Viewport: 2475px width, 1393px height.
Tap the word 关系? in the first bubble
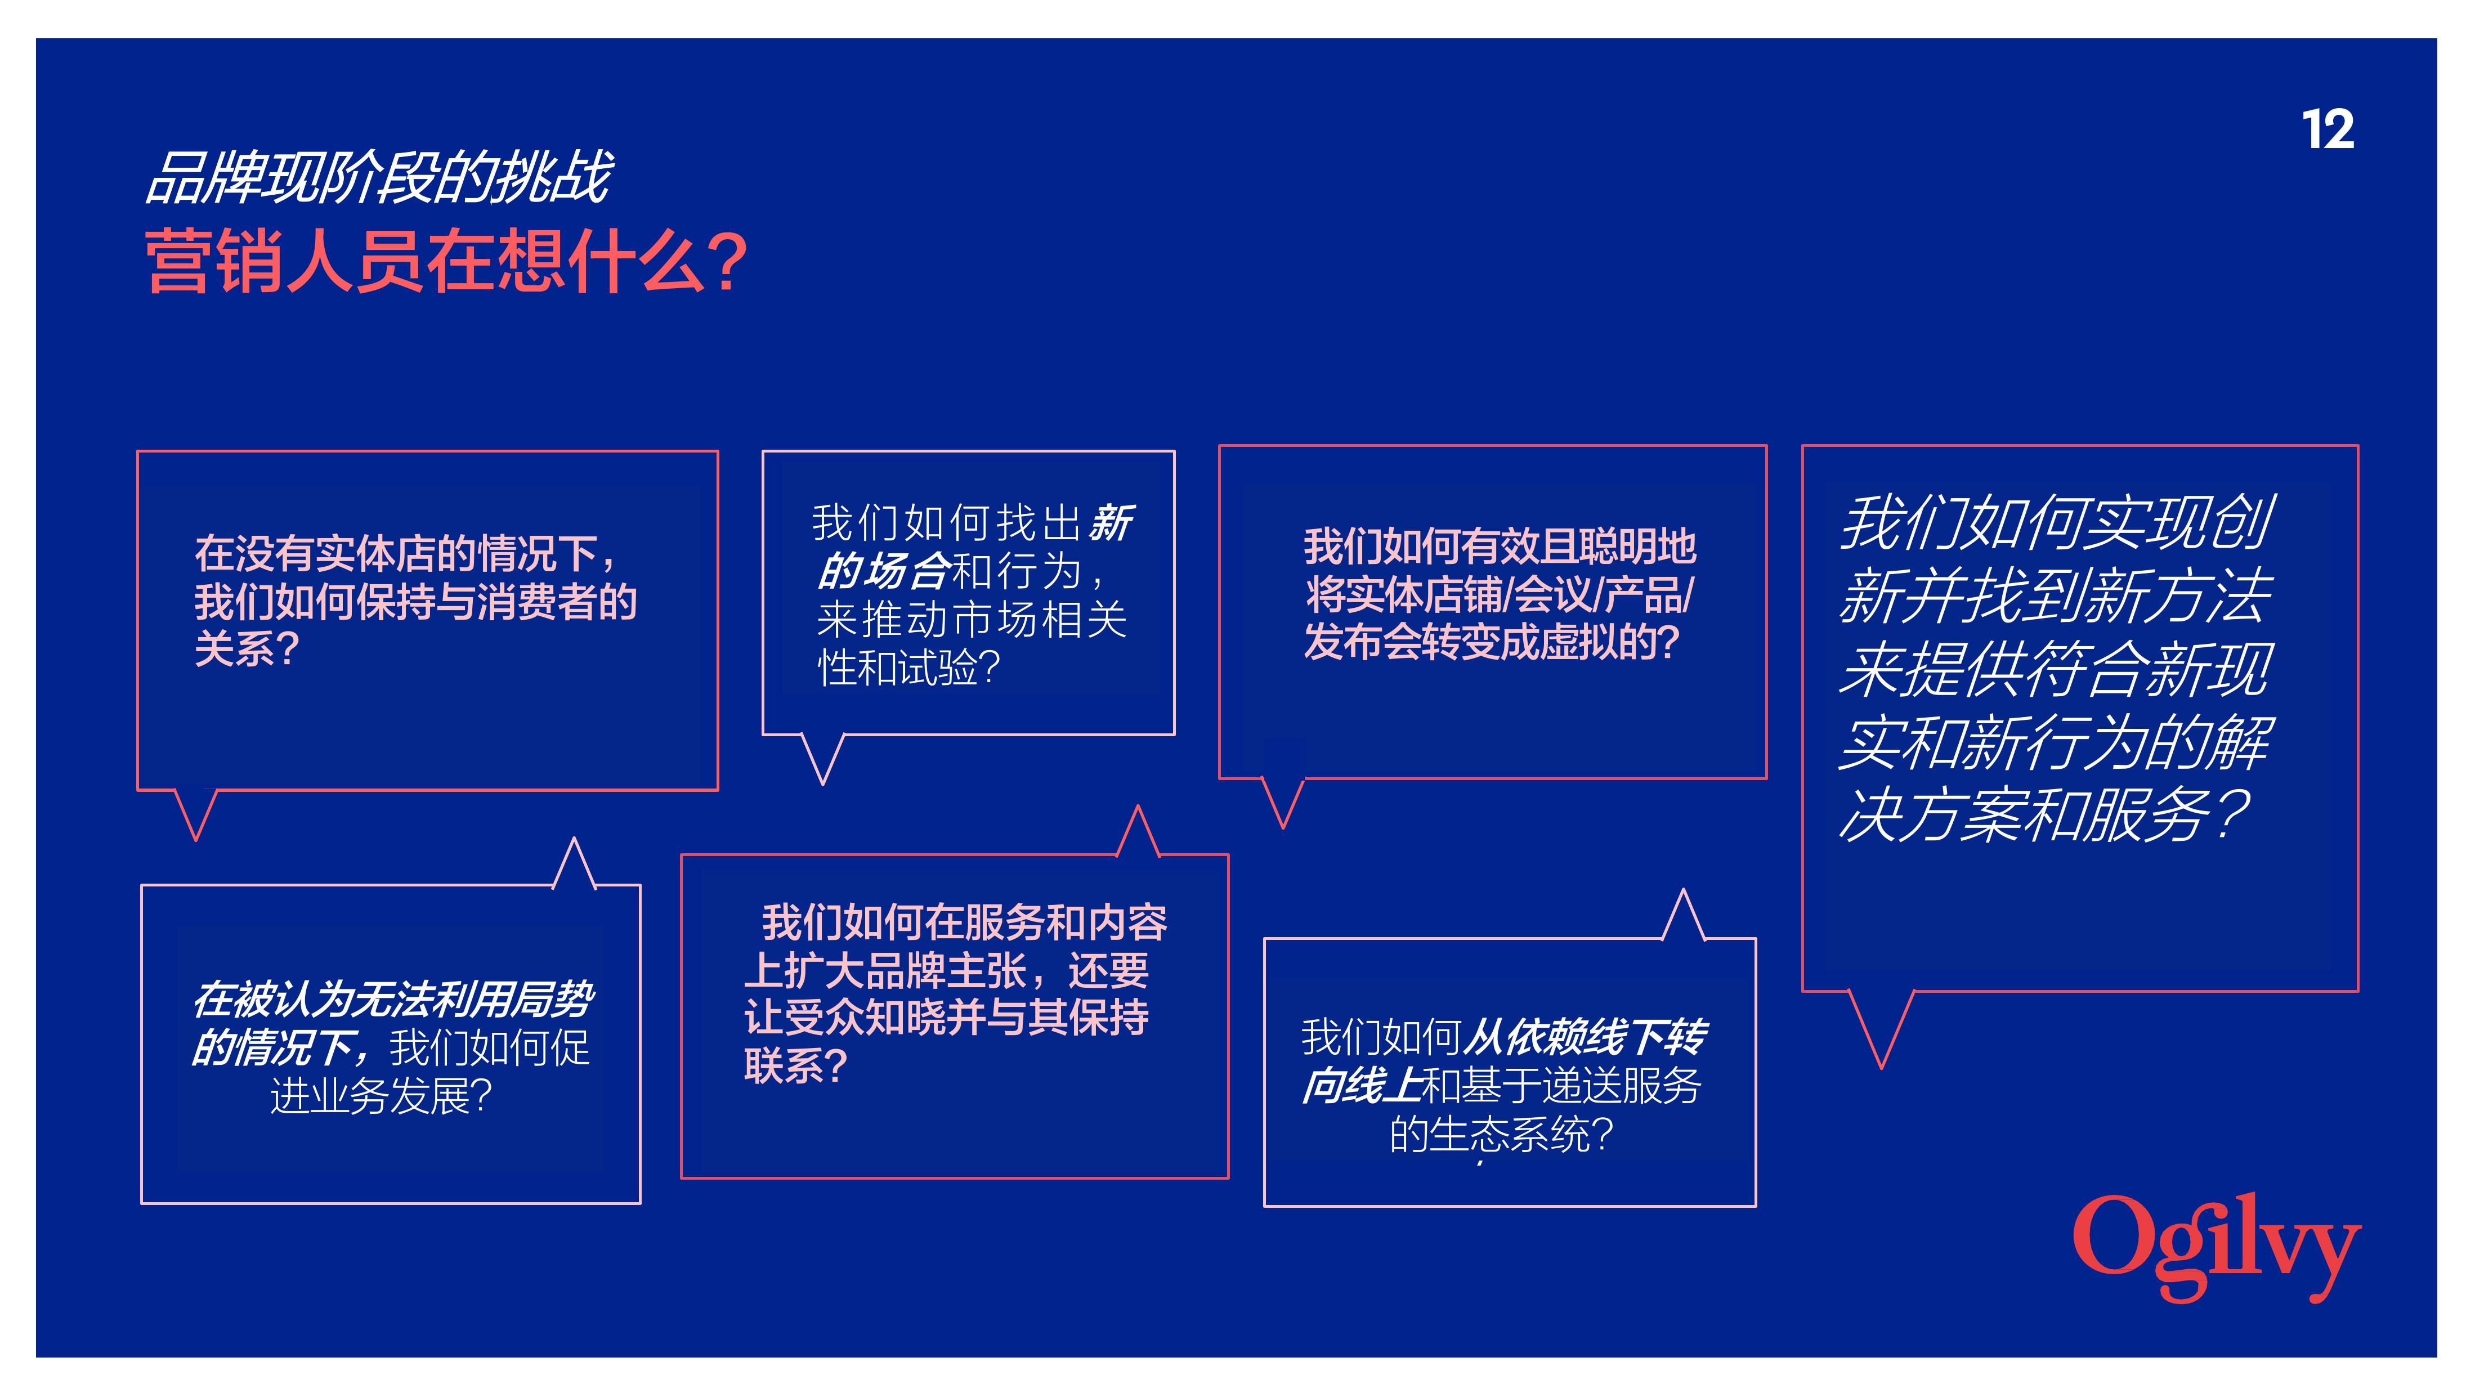click(x=247, y=648)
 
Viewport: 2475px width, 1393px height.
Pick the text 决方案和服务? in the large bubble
click(x=2044, y=814)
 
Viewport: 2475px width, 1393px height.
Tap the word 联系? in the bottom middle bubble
click(x=795, y=1064)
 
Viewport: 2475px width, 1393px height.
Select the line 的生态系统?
click(x=1501, y=1135)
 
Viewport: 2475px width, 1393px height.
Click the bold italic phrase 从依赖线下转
click(x=1585, y=1037)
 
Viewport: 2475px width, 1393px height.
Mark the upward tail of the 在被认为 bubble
click(x=575, y=863)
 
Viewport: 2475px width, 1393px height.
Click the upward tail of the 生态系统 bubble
click(x=1684, y=915)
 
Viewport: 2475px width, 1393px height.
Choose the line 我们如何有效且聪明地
click(x=1500, y=547)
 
